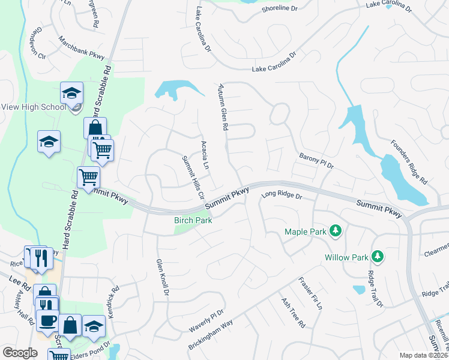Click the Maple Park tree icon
[x=336, y=231]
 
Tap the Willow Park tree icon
[x=377, y=257]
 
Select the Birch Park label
[x=193, y=220]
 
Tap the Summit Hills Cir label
[x=193, y=178]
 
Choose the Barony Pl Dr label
[x=316, y=161]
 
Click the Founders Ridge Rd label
[x=408, y=162]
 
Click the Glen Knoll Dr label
[x=163, y=277]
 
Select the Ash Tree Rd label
[x=294, y=313]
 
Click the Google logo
[x=19, y=352]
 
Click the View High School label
[x=33, y=107]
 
